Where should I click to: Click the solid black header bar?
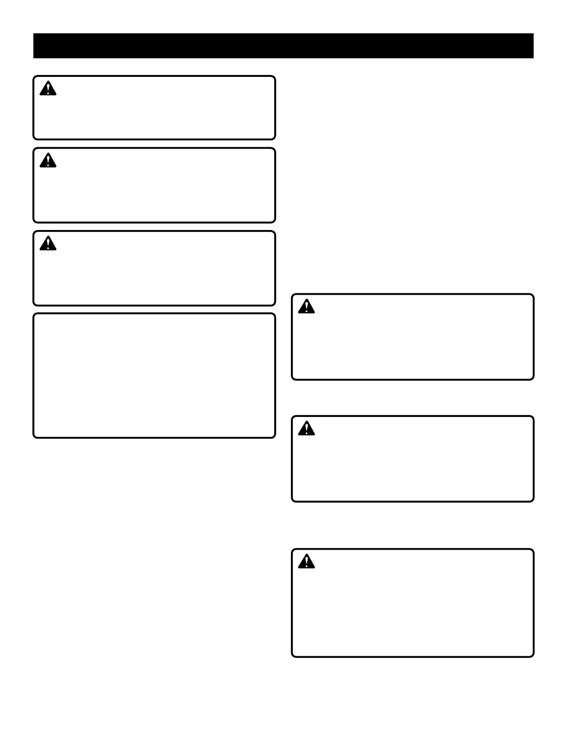283,46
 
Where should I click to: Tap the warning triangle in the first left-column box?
48,88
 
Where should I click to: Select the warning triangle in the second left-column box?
48,161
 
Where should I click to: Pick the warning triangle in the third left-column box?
48,243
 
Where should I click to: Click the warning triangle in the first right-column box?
306,306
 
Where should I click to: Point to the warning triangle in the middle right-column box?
306,429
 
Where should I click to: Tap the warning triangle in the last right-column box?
306,561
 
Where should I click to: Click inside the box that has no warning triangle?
154,375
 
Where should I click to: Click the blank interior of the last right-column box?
412,611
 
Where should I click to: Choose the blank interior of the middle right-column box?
412,467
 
